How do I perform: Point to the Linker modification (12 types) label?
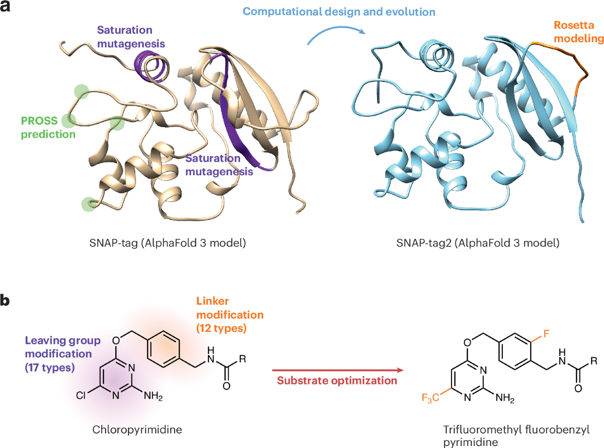(x=230, y=315)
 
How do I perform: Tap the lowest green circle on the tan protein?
(x=89, y=204)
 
